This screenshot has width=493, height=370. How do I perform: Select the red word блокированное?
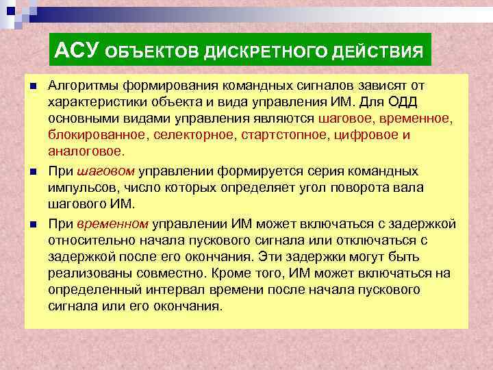click(96, 135)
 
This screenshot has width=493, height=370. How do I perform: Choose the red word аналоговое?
click(86, 151)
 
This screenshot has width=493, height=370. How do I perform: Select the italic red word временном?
click(113, 223)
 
